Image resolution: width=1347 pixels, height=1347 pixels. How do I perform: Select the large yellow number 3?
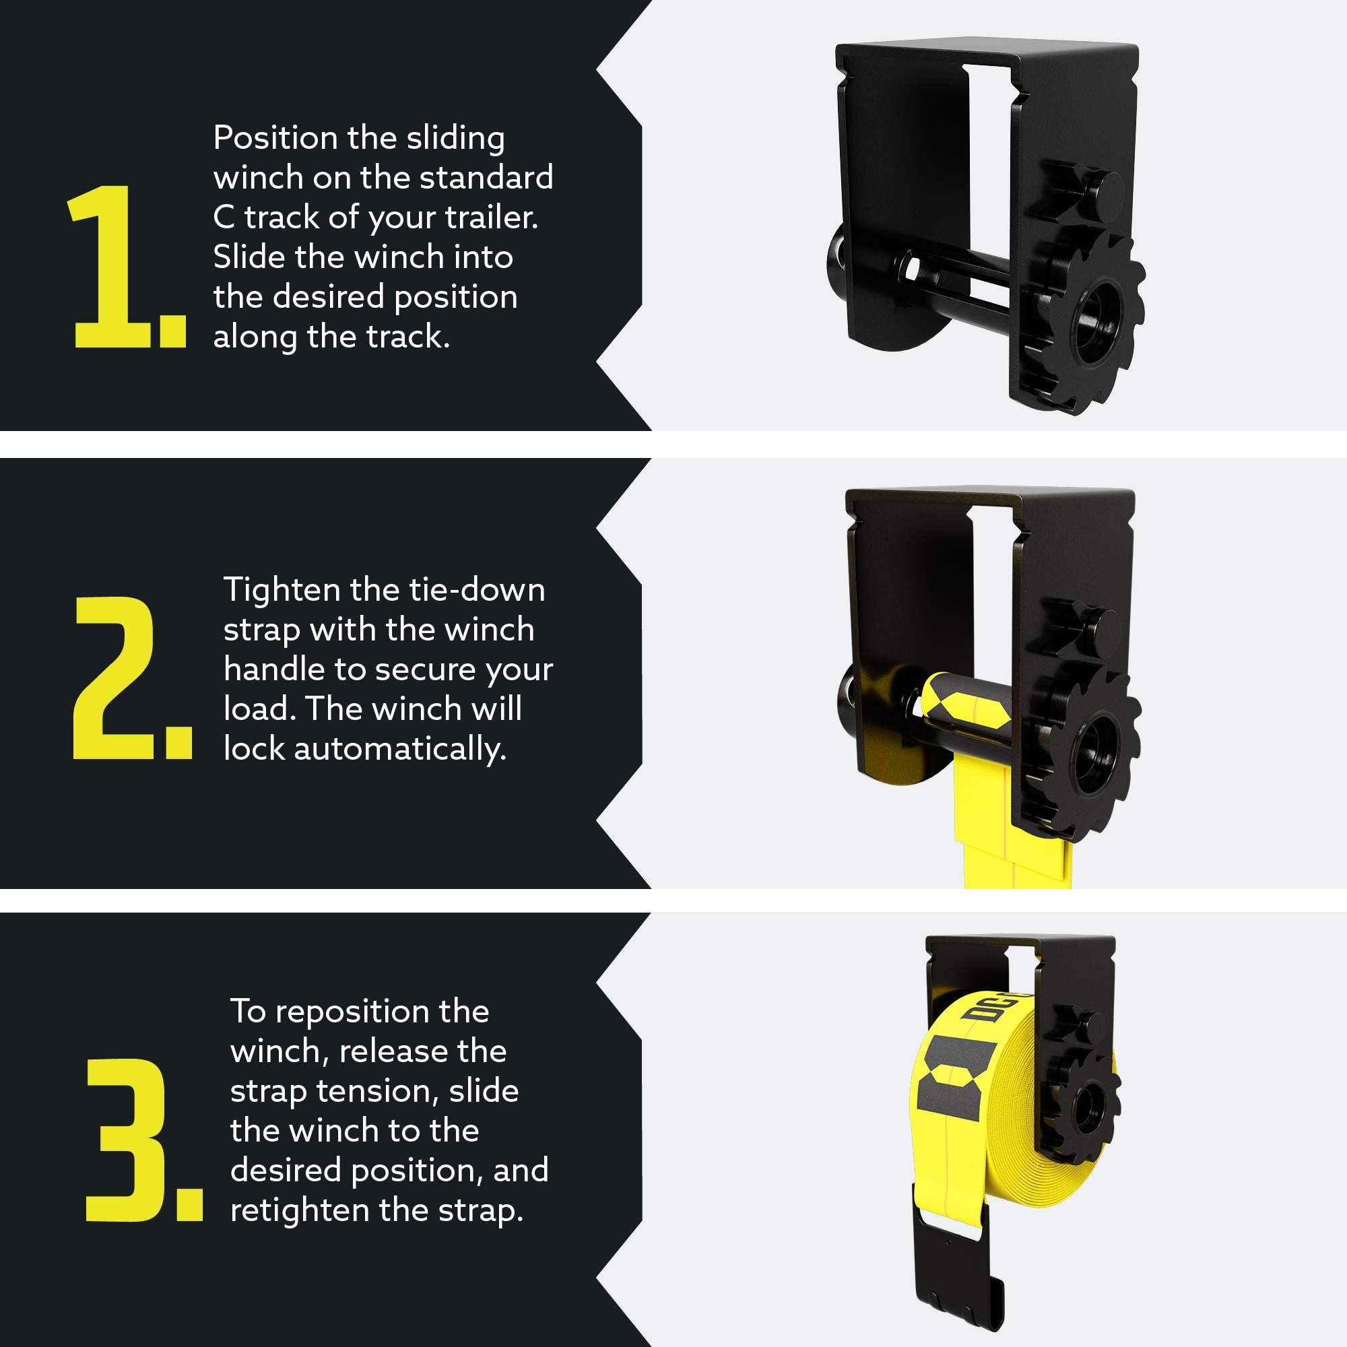[x=127, y=1140]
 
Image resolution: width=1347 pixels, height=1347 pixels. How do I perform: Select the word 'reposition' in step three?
[x=382, y=1011]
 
